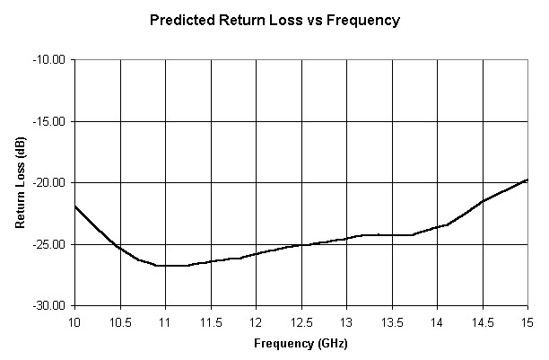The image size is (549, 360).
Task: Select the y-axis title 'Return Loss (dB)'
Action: point(21,183)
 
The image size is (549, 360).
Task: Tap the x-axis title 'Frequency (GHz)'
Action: point(301,343)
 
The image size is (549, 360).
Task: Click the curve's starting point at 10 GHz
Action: point(75,206)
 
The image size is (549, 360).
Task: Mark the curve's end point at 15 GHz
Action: point(527,180)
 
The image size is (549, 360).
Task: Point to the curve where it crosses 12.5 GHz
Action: point(301,245)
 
